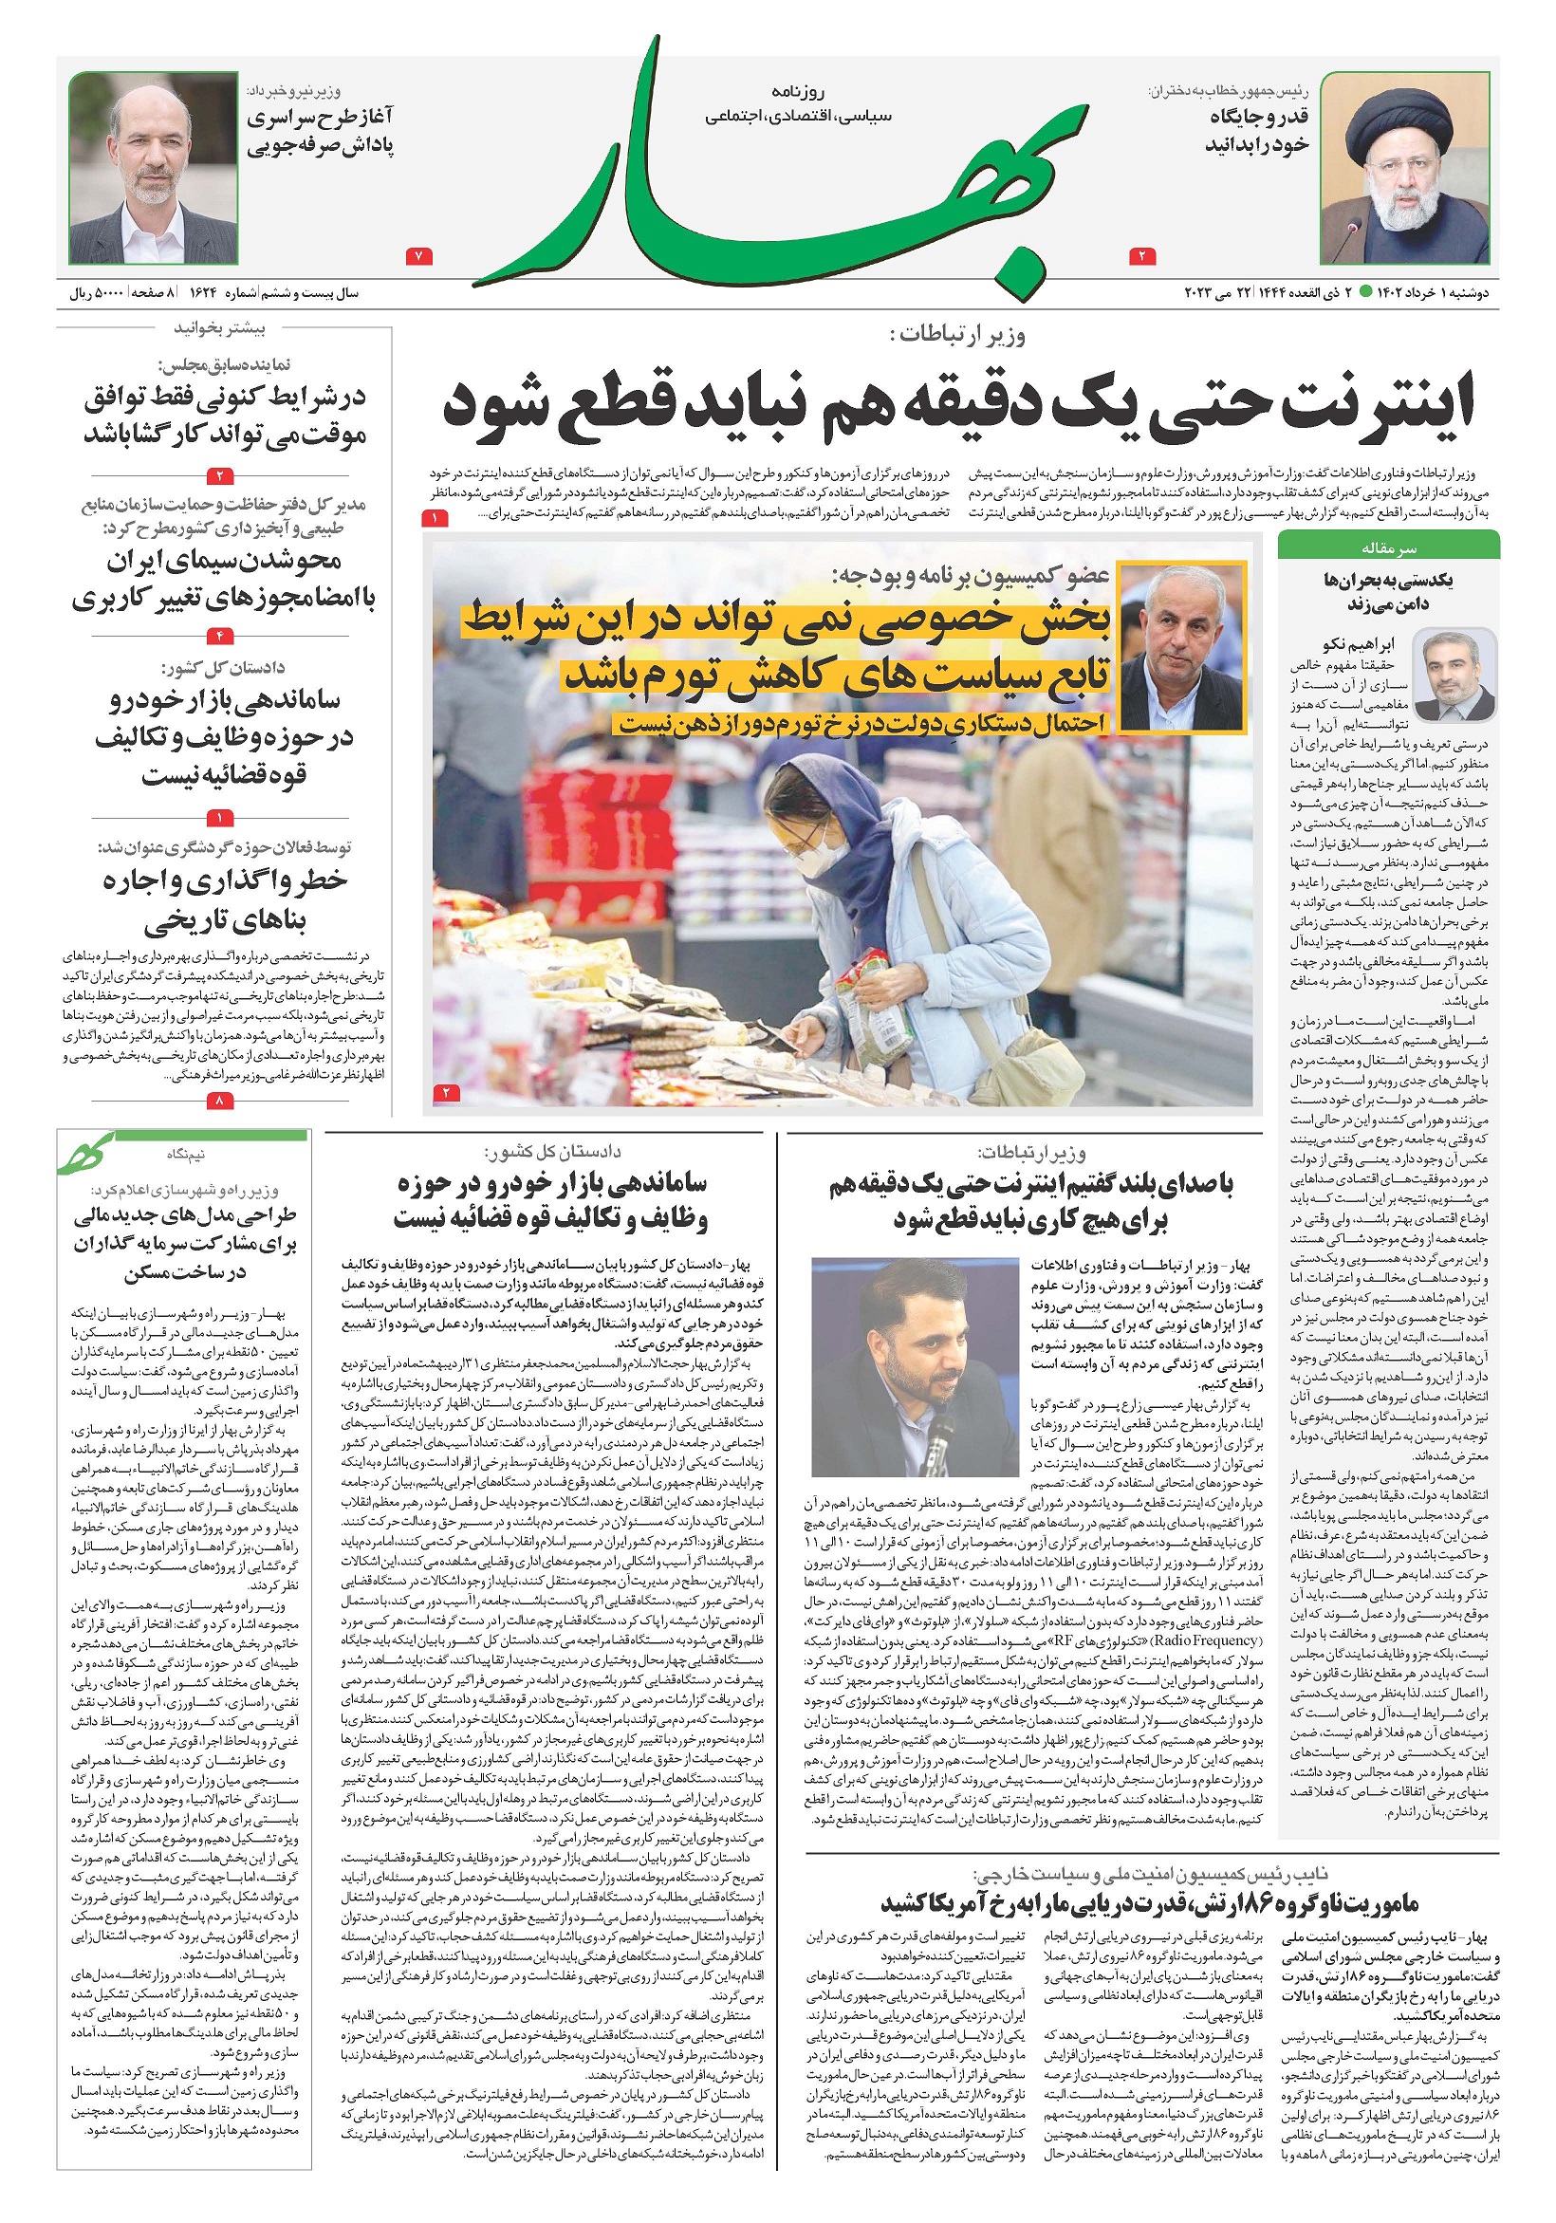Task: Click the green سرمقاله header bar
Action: pos(1387,548)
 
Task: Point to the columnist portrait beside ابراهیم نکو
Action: pos(1454,676)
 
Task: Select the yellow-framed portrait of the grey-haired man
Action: pos(1180,648)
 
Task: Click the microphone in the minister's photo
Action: pos(937,1443)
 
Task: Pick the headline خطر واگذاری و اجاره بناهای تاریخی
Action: pos(225,900)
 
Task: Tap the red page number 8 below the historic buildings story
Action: pos(221,1101)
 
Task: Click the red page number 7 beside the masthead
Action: pos(418,256)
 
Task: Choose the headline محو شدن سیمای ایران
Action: pos(223,579)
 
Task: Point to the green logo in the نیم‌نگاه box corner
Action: pos(87,1153)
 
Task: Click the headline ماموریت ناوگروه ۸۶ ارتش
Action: pos(1149,1902)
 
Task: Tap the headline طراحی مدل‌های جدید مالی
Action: pos(184,1243)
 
